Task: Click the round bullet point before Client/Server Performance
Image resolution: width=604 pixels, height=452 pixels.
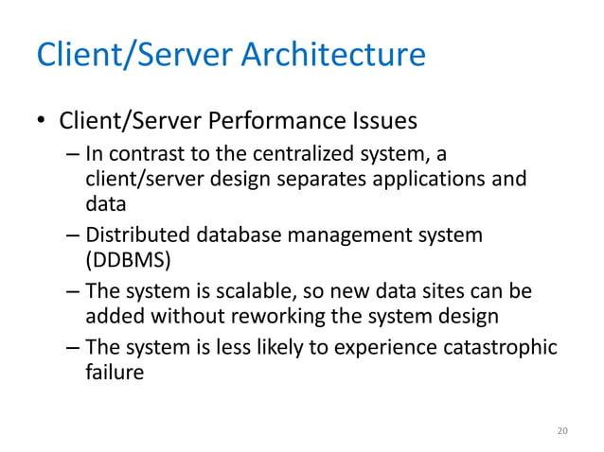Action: coord(41,124)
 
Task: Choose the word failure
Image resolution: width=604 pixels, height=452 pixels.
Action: coord(114,372)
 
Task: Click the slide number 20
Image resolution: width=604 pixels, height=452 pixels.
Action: coord(562,431)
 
